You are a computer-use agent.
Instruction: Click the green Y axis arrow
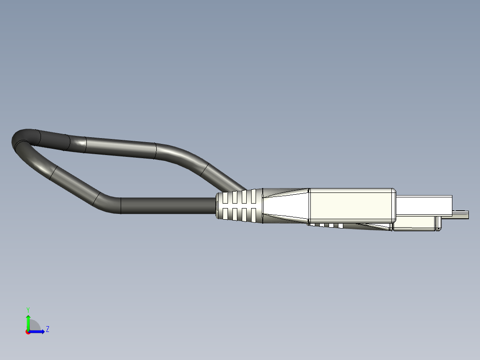[28, 322]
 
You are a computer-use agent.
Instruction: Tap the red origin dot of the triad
[28, 332]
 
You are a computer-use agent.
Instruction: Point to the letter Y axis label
[28, 309]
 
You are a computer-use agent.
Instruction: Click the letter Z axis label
[47, 329]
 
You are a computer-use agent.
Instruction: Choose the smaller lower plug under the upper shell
[416, 224]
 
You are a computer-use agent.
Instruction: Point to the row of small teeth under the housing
[327, 225]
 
